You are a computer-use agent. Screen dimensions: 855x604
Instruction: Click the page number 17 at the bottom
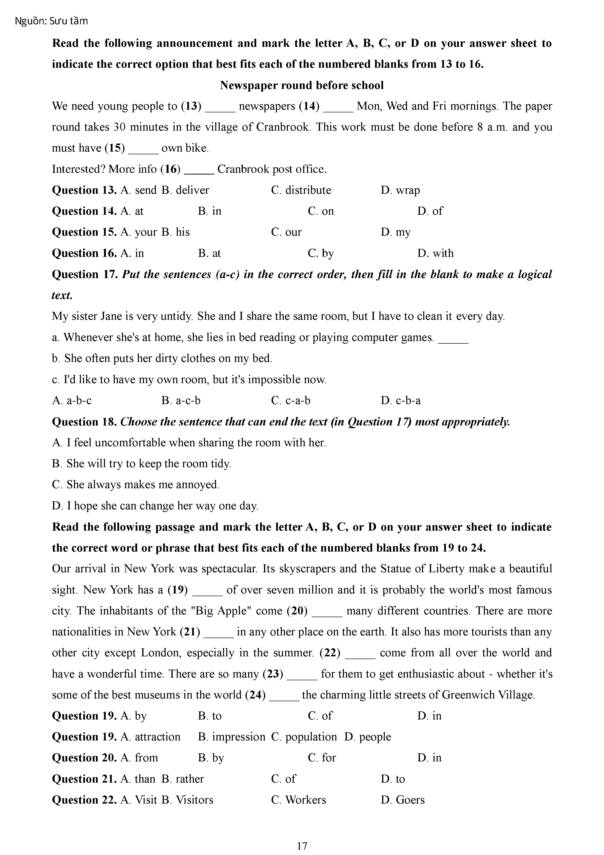302,846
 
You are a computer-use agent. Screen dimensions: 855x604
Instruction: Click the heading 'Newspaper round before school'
302,85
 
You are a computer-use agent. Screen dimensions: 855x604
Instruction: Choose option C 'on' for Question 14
321,211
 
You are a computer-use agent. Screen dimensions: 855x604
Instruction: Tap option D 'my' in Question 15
395,232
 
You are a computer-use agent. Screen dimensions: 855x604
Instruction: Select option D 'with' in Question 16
435,253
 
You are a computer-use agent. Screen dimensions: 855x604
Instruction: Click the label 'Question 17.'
85,274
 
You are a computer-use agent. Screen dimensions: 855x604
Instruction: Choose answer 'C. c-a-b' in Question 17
290,401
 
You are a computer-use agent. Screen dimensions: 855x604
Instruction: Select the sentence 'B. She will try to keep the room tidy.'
142,464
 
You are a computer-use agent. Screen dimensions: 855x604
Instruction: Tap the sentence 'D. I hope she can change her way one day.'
155,506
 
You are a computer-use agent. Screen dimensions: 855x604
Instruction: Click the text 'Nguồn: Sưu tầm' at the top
51,21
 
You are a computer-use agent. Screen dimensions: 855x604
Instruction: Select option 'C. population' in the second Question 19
304,737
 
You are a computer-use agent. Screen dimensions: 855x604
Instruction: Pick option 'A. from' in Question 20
139,758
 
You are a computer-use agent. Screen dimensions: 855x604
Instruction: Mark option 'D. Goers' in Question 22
402,800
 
